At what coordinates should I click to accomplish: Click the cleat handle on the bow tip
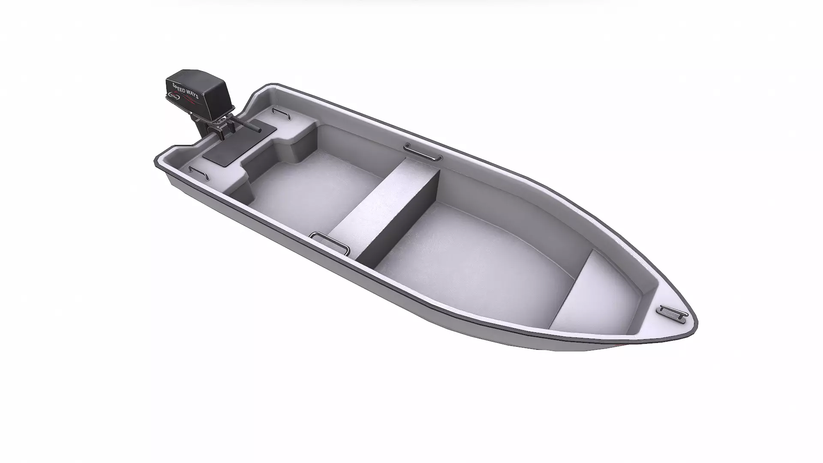tap(673, 312)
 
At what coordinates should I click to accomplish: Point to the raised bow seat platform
tap(600, 292)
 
